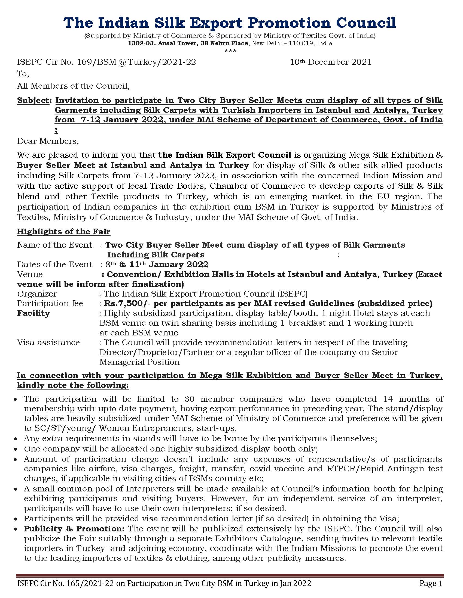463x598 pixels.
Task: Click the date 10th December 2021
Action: (x=331, y=62)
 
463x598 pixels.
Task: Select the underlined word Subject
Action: (x=33, y=101)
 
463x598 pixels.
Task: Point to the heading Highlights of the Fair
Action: (x=63, y=232)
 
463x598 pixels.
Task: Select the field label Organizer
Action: (x=37, y=294)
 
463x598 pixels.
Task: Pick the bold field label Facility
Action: (x=33, y=313)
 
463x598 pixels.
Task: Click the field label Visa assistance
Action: (x=48, y=342)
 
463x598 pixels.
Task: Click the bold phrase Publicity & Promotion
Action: (x=74, y=529)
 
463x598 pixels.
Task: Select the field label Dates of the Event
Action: (x=54, y=264)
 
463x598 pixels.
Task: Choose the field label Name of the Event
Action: (x=54, y=245)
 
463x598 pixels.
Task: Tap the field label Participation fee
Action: (x=50, y=303)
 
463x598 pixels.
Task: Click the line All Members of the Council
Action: (x=73, y=86)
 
